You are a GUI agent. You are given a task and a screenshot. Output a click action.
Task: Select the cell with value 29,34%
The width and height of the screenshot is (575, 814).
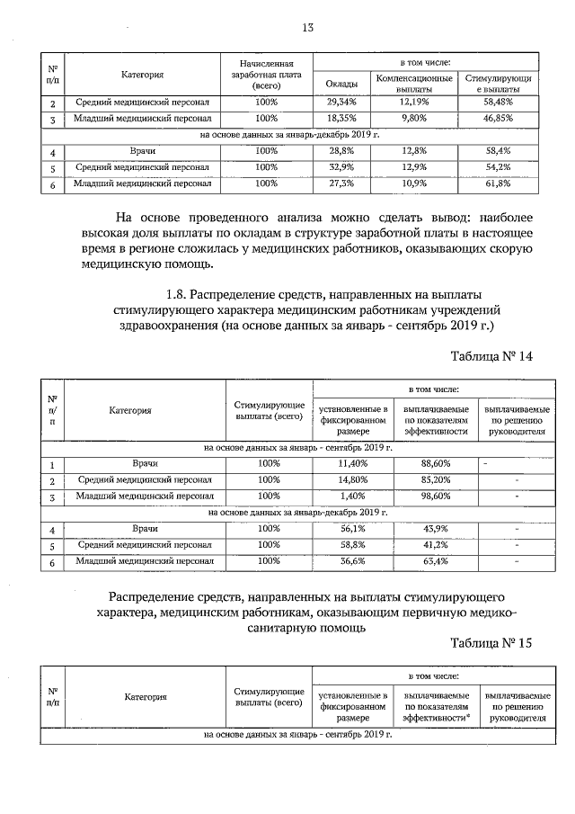(x=341, y=103)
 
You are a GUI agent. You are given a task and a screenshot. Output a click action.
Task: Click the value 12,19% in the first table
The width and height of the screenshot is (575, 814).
(x=413, y=103)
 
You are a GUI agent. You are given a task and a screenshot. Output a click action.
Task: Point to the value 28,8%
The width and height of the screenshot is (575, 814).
(x=341, y=151)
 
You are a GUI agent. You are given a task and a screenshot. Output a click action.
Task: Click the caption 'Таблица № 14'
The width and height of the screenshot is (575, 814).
(x=492, y=356)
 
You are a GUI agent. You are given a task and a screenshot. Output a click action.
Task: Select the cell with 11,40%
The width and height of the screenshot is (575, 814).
(x=353, y=463)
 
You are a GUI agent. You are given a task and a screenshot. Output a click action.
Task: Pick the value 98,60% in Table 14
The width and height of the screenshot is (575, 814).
(x=435, y=496)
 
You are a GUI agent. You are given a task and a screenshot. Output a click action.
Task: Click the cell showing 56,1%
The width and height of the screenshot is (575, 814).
(x=353, y=530)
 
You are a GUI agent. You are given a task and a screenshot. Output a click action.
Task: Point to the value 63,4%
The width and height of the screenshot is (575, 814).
(x=435, y=562)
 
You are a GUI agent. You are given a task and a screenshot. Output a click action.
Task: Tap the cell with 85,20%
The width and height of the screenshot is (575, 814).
(x=435, y=479)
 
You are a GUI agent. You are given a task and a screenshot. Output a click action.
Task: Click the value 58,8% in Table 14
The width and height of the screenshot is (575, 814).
(x=353, y=546)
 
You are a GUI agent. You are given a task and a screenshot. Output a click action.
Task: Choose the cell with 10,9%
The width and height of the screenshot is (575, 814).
(x=413, y=183)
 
